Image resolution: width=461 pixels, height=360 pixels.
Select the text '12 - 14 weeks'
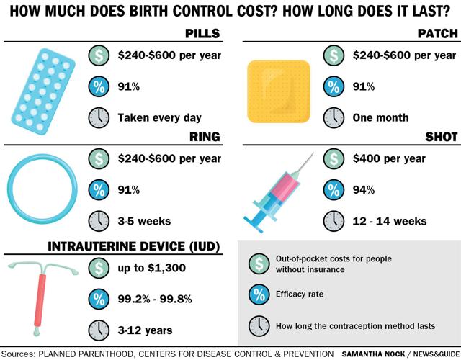coord(390,221)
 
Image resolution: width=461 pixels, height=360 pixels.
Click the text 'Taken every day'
coord(160,117)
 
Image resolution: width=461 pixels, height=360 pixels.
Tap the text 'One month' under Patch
coord(380,117)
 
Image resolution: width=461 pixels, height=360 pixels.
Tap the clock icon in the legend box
coord(257,325)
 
